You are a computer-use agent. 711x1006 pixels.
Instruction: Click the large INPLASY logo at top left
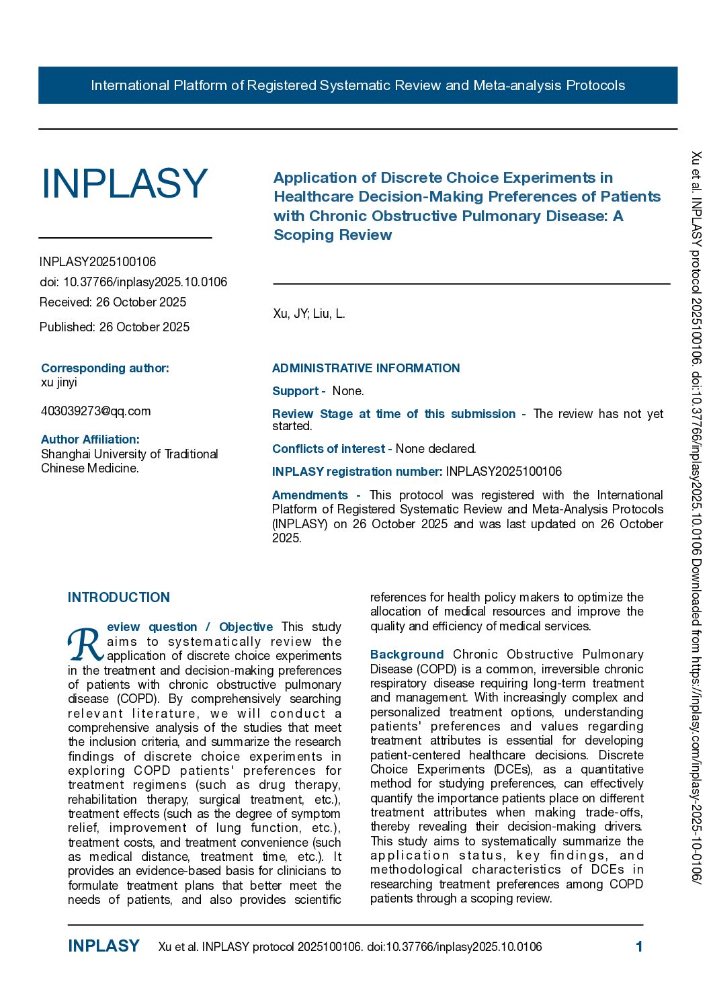click(x=124, y=183)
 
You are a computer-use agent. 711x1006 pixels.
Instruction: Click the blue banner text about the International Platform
click(x=358, y=85)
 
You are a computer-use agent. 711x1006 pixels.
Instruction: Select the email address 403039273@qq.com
click(x=95, y=411)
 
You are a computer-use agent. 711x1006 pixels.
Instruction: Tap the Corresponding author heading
click(x=105, y=368)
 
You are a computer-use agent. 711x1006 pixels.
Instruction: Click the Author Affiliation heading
click(x=90, y=439)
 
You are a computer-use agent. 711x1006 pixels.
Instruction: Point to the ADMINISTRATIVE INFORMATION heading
click(x=366, y=368)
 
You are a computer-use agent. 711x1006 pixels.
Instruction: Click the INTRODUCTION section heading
click(x=119, y=597)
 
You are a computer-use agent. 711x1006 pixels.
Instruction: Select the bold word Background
click(x=407, y=655)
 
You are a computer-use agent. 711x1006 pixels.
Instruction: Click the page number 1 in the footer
click(x=639, y=947)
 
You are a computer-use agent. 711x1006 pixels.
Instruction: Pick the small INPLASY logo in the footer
click(x=103, y=946)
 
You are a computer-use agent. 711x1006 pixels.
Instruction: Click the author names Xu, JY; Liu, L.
click(x=309, y=314)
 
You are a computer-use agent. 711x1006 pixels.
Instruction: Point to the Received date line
click(x=113, y=302)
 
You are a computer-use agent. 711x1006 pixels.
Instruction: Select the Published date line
click(x=114, y=327)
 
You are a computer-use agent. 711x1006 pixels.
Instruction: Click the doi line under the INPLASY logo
click(x=133, y=282)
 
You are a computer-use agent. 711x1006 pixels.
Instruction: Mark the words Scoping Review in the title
click(x=333, y=235)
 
